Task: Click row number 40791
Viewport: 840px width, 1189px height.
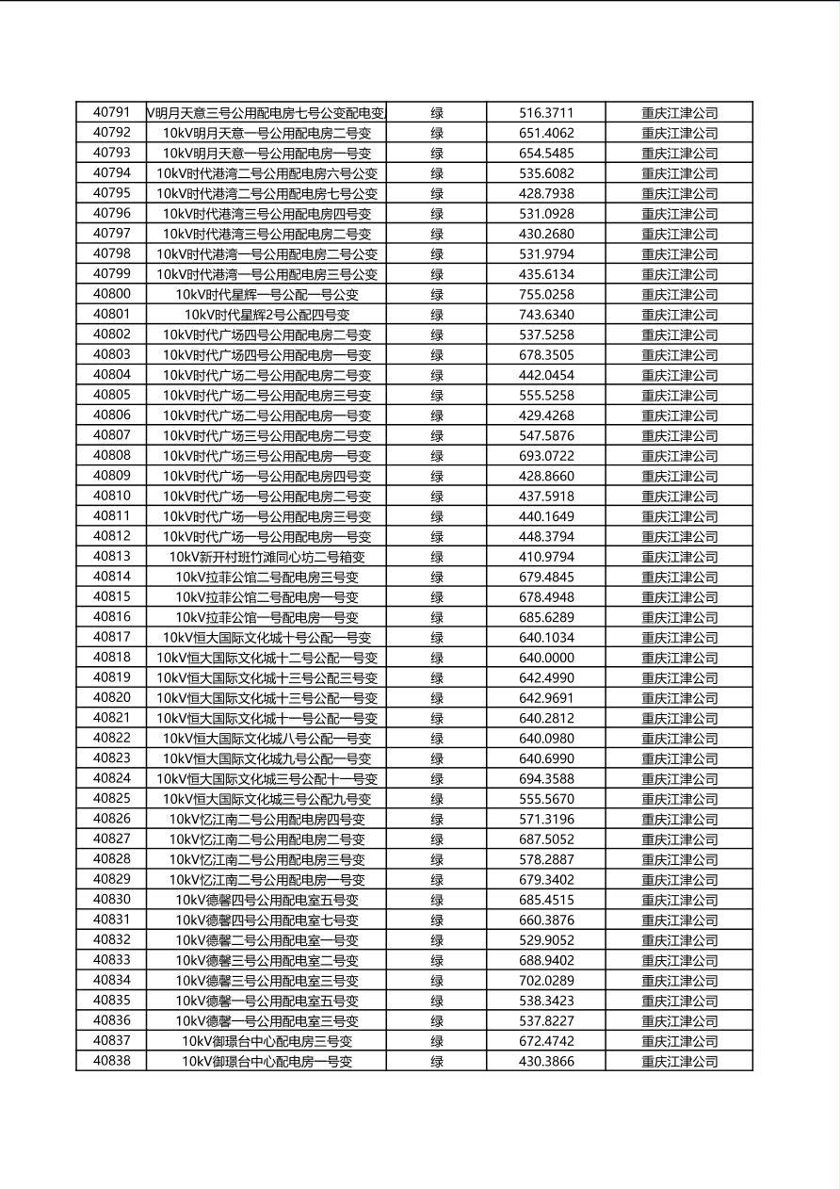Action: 111,112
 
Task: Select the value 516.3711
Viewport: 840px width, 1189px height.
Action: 546,113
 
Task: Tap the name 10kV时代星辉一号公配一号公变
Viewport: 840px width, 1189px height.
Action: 267,295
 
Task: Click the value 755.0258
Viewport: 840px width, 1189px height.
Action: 546,295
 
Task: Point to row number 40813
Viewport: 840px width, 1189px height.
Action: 111,557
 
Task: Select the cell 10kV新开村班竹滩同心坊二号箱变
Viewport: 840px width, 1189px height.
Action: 267,557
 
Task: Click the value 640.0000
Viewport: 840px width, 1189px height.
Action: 546,658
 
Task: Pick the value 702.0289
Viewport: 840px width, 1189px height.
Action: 546,981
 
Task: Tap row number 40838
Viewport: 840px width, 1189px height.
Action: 111,1061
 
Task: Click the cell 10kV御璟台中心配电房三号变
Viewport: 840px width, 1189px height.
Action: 267,1041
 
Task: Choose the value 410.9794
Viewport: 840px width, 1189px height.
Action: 546,557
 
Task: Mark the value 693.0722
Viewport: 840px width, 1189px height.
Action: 546,456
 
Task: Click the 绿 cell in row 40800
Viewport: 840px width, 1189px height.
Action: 437,295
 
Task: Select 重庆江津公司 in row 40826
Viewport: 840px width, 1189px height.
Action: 679,820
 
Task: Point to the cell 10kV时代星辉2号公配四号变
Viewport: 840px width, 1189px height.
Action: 267,315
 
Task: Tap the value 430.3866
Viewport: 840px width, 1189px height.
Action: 546,1062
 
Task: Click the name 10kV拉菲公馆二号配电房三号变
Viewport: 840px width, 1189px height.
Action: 267,578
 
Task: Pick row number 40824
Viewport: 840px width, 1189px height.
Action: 111,778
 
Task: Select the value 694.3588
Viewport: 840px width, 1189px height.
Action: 546,779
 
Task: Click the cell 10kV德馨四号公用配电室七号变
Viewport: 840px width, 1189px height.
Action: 267,920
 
